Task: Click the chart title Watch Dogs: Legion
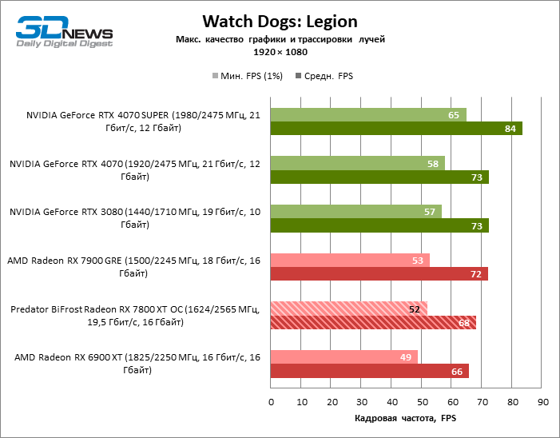(x=280, y=21)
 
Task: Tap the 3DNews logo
(x=65, y=30)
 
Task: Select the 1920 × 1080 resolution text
(x=280, y=52)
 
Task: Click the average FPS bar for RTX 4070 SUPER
(x=396, y=128)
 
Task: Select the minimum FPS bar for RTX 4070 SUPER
(x=368, y=115)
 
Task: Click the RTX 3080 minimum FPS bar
(x=356, y=212)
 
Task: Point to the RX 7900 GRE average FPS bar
(x=379, y=274)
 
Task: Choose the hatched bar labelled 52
(x=349, y=309)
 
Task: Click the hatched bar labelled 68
(x=373, y=322)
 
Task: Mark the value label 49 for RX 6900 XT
(x=407, y=357)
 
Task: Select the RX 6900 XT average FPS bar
(x=370, y=371)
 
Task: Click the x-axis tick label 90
(x=542, y=401)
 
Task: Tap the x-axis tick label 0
(x=272, y=401)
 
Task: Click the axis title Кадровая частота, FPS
(x=407, y=418)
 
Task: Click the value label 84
(x=510, y=129)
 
